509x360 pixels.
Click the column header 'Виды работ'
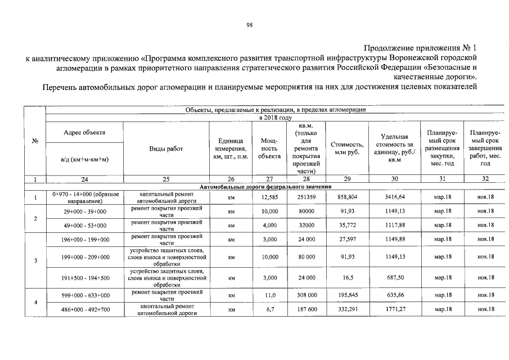pos(166,148)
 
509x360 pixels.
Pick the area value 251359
pos(307,197)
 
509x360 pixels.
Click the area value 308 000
pos(307,295)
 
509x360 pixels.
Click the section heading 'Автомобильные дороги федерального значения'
pos(265,186)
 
